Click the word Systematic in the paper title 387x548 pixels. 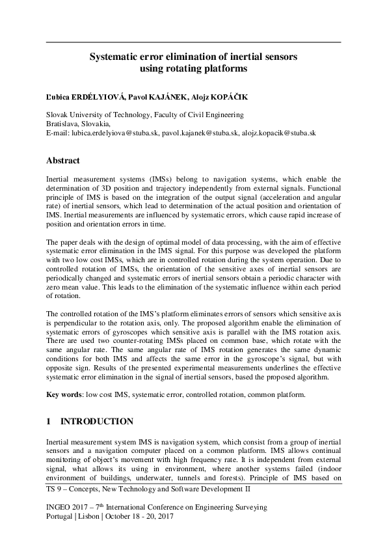point(111,57)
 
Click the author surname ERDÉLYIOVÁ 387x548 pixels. point(90,97)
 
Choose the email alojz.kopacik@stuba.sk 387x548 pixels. point(280,132)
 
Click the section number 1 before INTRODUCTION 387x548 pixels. point(49,422)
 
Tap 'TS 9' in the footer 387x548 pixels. point(55,487)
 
